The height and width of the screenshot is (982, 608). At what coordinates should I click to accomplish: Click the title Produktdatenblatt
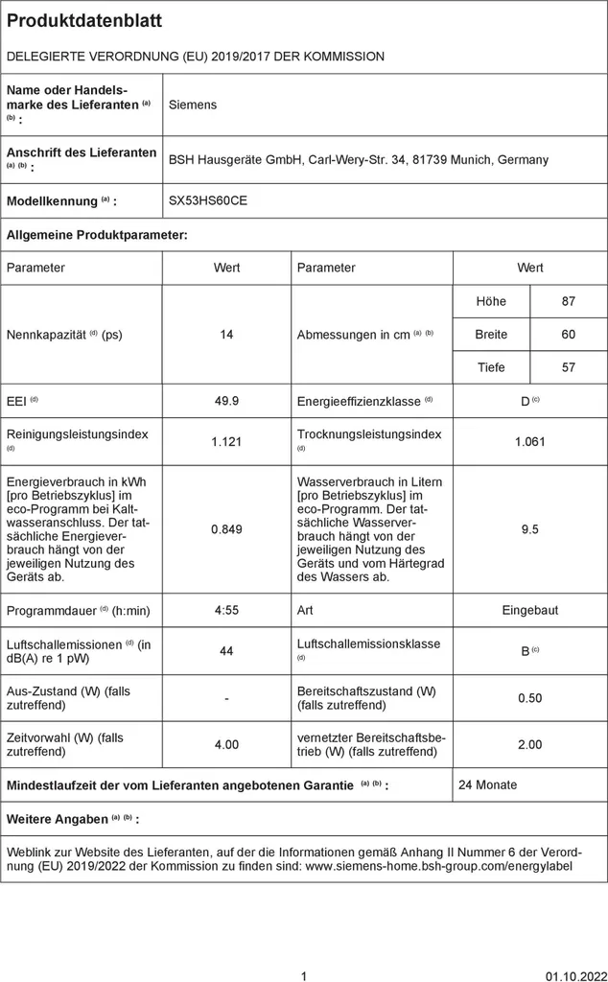[84, 20]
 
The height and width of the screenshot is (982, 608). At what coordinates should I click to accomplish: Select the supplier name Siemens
[193, 105]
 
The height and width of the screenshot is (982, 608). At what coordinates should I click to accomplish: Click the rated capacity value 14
[226, 335]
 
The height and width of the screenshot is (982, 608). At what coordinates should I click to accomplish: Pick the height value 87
[569, 301]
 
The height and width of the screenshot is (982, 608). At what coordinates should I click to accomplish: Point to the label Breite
[491, 335]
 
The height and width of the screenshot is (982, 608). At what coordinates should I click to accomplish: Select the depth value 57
[569, 367]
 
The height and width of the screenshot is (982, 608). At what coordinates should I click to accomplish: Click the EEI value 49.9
[226, 401]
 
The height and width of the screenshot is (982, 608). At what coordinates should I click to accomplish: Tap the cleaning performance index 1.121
[226, 441]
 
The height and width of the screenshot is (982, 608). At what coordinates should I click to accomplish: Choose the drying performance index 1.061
[530, 441]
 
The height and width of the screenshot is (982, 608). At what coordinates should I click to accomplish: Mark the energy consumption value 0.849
[226, 529]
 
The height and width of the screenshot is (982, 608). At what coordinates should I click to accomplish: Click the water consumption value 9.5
[530, 529]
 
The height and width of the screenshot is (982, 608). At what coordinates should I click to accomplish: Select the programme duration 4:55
[226, 610]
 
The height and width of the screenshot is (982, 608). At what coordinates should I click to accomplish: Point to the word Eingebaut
[530, 610]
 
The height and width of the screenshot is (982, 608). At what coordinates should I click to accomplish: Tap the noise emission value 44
[226, 651]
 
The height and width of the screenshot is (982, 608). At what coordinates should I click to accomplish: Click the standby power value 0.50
[530, 698]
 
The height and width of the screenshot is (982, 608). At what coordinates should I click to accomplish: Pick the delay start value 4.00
[226, 744]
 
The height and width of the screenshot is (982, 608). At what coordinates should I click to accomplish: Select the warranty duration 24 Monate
[487, 784]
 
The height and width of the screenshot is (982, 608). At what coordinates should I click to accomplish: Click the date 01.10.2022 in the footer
[573, 977]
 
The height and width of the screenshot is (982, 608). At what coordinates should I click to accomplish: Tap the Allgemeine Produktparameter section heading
[97, 234]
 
